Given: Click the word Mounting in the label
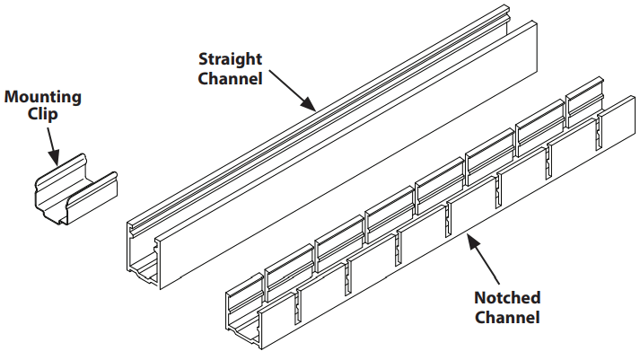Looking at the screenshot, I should click(43, 96).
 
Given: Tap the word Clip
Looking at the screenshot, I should click(43, 114).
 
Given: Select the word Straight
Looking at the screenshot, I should click(230, 59).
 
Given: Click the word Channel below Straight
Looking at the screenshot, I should click(230, 78).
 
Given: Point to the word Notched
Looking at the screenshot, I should click(507, 297).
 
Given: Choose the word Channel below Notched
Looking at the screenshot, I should click(507, 316).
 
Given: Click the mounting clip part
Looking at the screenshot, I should click(75, 196).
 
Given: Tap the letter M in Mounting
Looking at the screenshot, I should click(12, 96).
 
